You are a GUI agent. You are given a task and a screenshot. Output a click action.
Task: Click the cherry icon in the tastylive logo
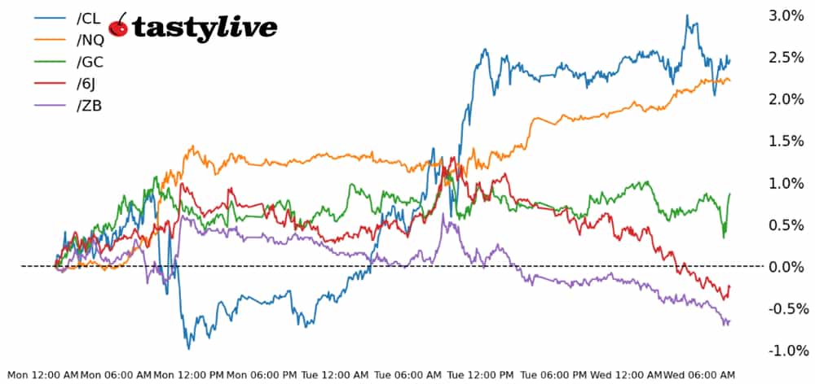coord(118,26)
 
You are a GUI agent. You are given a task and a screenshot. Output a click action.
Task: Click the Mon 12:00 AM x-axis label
coord(42,375)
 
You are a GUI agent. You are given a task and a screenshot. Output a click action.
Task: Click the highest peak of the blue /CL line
coord(687,15)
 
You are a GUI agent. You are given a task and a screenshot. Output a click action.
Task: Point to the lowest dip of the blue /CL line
coord(190,349)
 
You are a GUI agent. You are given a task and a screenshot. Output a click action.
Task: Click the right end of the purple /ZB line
coord(729,321)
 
